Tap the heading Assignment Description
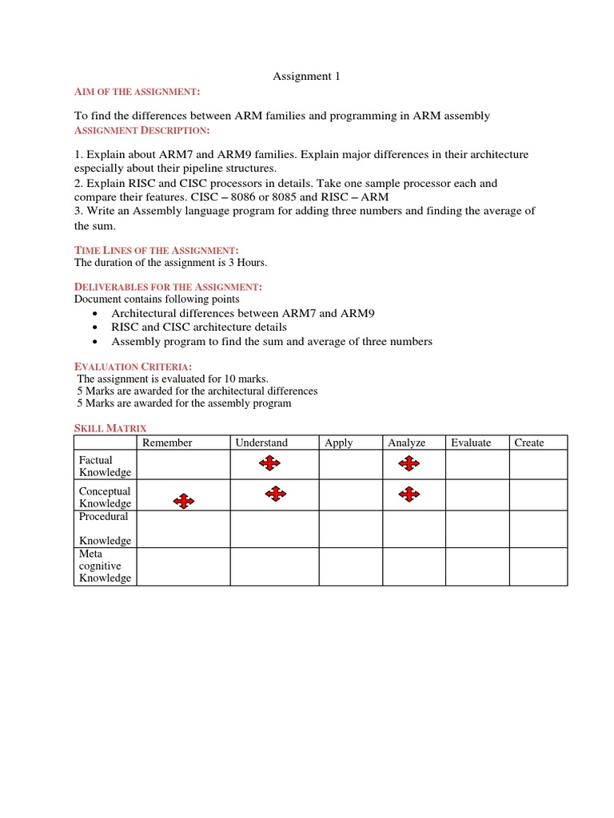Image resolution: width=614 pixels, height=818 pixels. point(142,130)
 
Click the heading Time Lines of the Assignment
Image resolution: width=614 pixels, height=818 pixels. point(156,250)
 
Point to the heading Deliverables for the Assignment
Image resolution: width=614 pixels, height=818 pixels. point(168,287)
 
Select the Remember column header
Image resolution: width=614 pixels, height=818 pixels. point(167,443)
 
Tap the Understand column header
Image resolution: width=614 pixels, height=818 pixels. point(261,443)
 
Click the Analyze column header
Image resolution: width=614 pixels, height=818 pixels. point(407,443)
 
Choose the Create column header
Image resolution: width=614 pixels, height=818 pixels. point(528,443)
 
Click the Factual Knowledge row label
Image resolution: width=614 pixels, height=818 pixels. point(105,467)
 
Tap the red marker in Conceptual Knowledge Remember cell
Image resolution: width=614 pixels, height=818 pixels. point(184,501)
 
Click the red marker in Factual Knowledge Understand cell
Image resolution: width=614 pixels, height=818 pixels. point(269,463)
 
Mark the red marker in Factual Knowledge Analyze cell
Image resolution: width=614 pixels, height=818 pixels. point(409,463)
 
